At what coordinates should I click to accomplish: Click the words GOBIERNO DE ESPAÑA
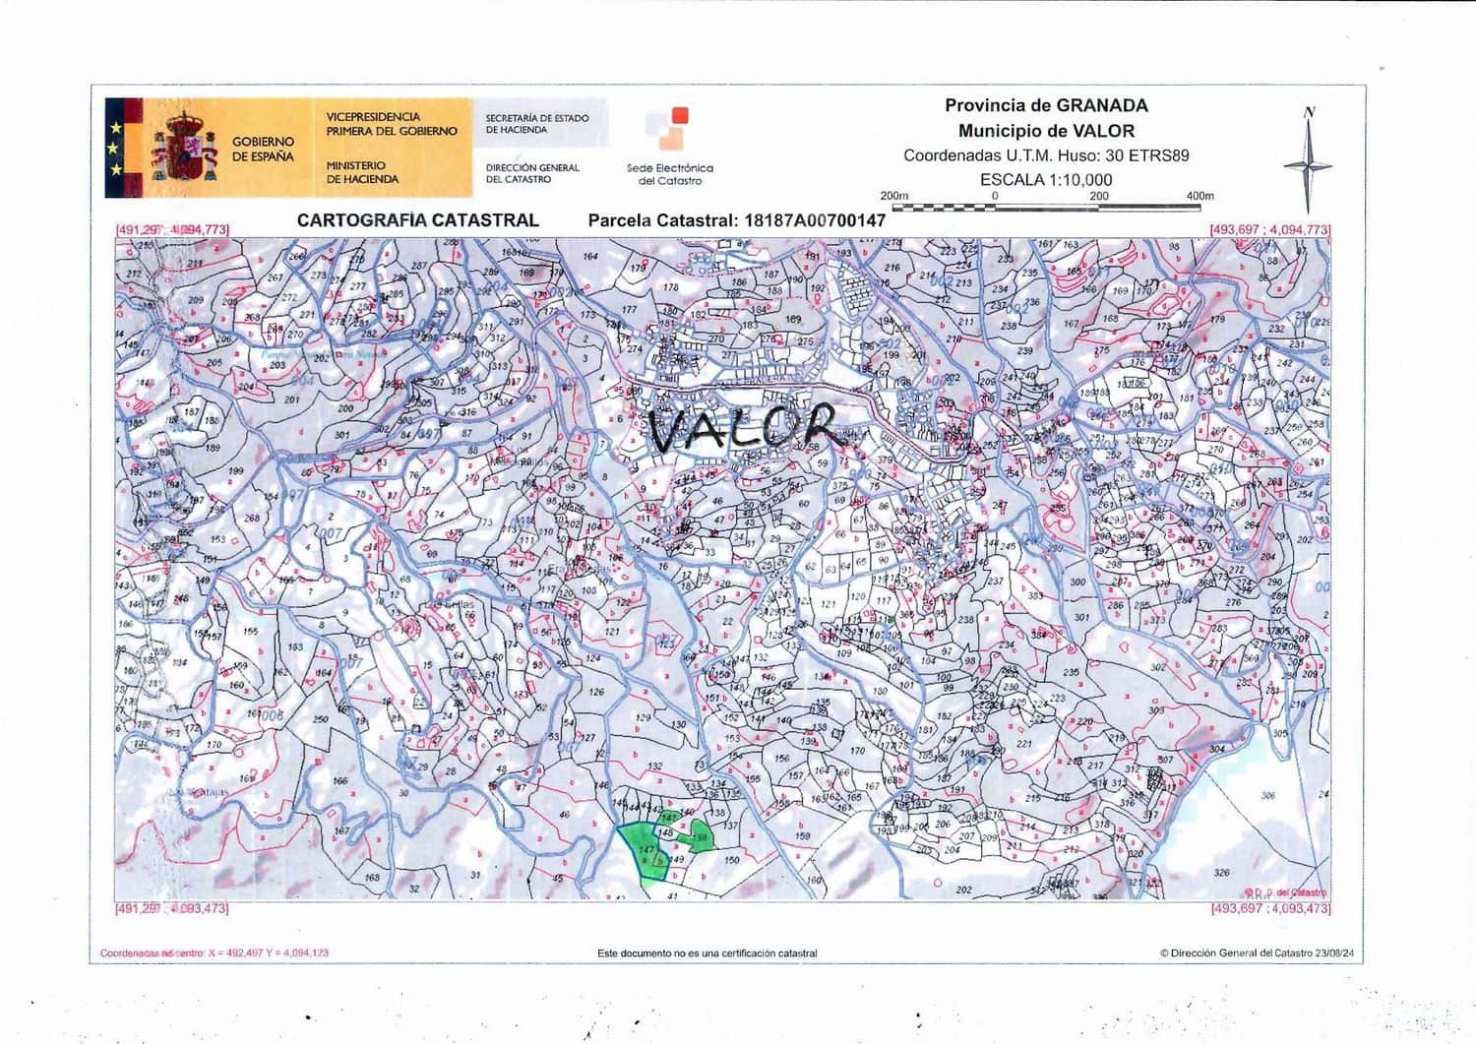click(x=263, y=150)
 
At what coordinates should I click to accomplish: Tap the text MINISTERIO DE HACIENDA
click(x=362, y=173)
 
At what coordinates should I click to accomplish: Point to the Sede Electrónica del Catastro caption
click(x=669, y=174)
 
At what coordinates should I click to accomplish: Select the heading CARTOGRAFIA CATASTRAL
click(x=417, y=220)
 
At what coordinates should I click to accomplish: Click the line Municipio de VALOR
click(x=1046, y=131)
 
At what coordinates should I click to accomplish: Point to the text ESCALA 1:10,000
click(x=1046, y=180)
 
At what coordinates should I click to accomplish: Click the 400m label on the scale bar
click(x=1199, y=196)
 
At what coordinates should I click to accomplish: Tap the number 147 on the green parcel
click(x=646, y=849)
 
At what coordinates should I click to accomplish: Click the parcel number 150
click(x=731, y=860)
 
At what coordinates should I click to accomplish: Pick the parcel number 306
click(x=1267, y=796)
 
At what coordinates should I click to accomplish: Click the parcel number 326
click(x=1221, y=873)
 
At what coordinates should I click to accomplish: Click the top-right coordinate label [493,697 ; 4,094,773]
click(x=1269, y=229)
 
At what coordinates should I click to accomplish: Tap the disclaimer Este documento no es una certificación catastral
click(x=707, y=953)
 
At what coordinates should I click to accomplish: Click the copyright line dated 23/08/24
click(x=1257, y=953)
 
